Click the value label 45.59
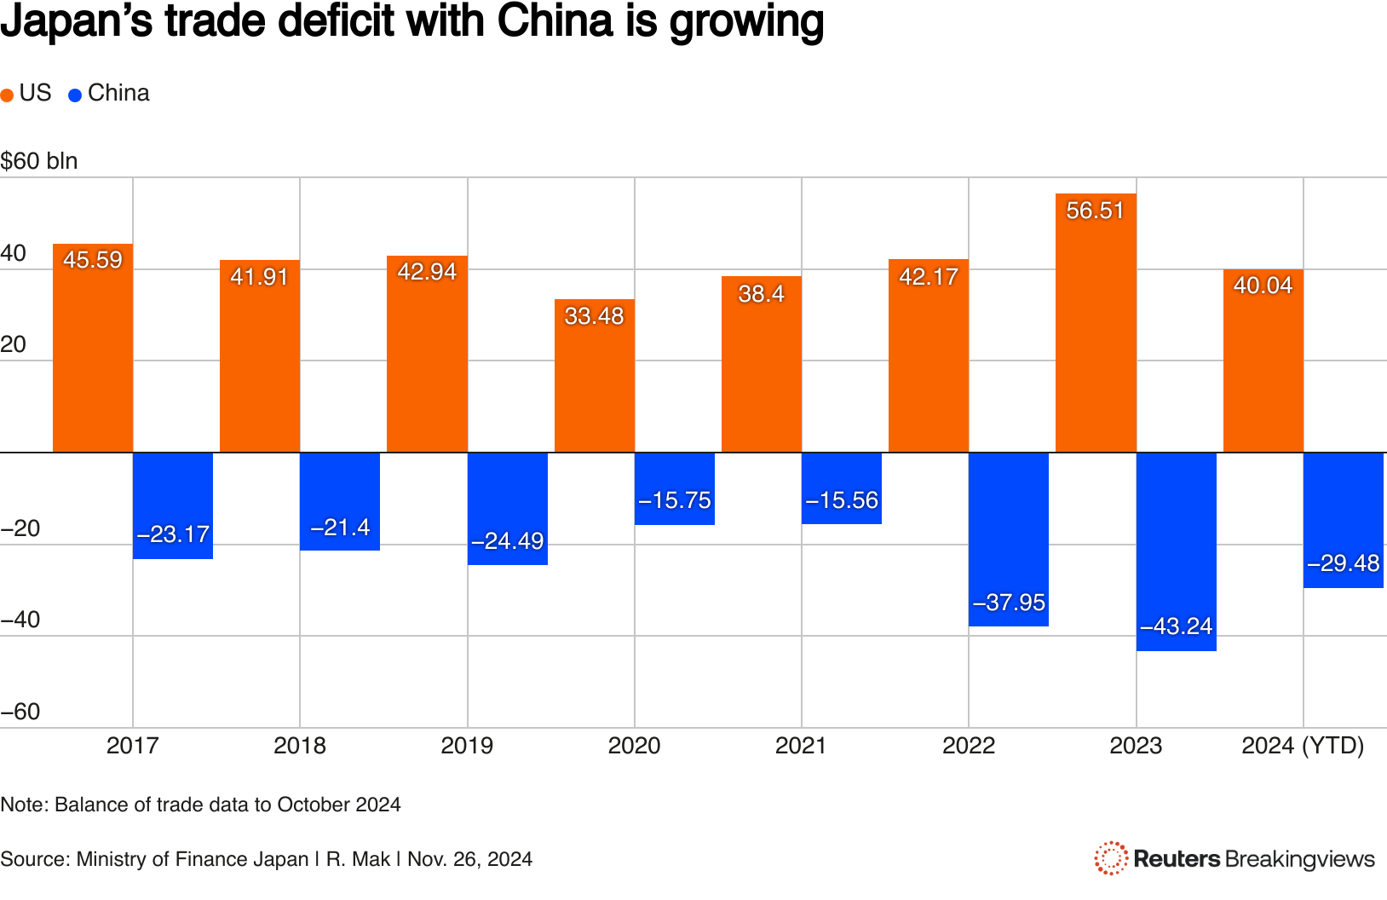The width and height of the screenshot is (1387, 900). (x=93, y=260)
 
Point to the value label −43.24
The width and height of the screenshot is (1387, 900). (x=1176, y=626)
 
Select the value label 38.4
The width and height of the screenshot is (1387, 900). (x=761, y=294)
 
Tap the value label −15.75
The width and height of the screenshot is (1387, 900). (x=674, y=500)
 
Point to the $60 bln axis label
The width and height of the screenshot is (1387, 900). (x=39, y=161)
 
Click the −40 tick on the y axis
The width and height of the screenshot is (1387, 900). (x=20, y=620)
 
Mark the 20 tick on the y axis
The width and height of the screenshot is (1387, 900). (x=14, y=344)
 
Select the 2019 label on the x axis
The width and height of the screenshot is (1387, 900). (x=467, y=746)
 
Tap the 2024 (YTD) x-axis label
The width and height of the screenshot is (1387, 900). (x=1303, y=746)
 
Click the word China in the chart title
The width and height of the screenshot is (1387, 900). (x=555, y=21)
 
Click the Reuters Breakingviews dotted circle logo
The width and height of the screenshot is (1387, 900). (x=1111, y=858)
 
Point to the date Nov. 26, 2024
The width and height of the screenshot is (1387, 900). (x=469, y=859)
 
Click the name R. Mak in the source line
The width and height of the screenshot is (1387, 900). (x=358, y=859)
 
